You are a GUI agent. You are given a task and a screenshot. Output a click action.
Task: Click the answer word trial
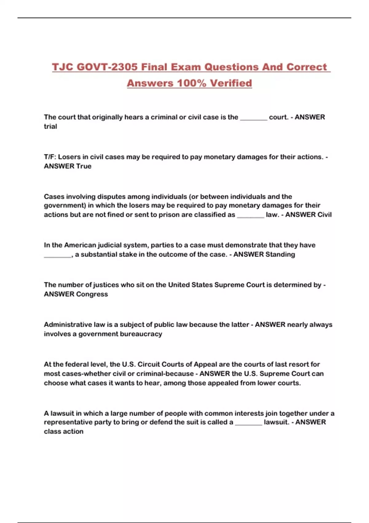[x=50, y=126]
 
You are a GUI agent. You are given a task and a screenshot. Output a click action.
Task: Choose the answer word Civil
[x=324, y=215]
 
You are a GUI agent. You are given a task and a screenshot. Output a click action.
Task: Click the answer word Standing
[x=280, y=254]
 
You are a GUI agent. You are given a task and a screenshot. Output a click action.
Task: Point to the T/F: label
[x=50, y=157]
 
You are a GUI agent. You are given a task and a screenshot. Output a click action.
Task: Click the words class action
[x=64, y=431]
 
